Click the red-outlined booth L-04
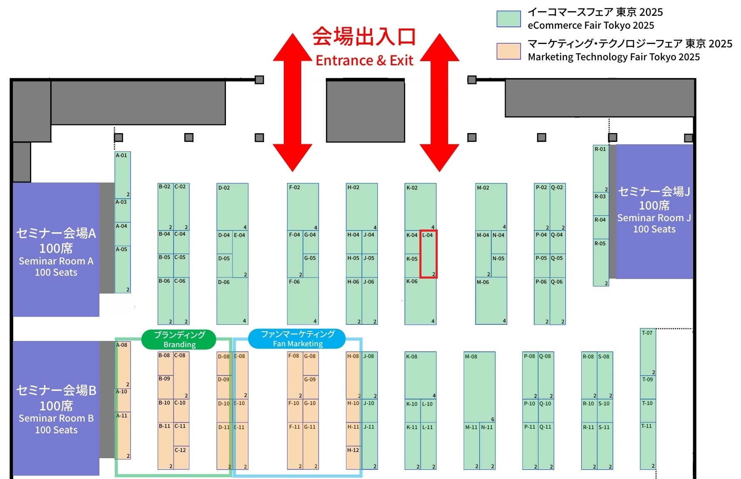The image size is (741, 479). pyautogui.click(x=428, y=254)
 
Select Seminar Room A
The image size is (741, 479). pyautogui.click(x=56, y=250)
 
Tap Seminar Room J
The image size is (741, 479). pyautogui.click(x=654, y=211)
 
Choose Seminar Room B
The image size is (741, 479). pyautogui.click(x=56, y=408)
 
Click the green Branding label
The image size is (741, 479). pyautogui.click(x=179, y=339)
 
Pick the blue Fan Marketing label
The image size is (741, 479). pyautogui.click(x=297, y=338)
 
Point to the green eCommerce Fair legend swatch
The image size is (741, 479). pyautogui.click(x=508, y=19)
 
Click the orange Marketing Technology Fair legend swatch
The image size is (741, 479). pyautogui.click(x=508, y=51)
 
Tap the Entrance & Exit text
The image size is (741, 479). pyautogui.click(x=364, y=61)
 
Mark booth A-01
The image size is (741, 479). pyautogui.click(x=122, y=175)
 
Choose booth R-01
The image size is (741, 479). pyautogui.click(x=600, y=168)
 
